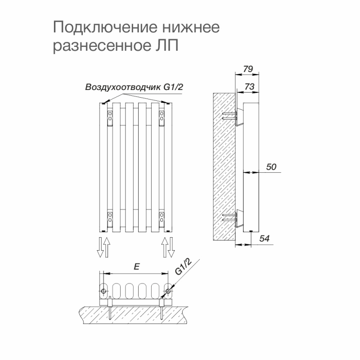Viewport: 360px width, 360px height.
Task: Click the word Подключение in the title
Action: coord(106,27)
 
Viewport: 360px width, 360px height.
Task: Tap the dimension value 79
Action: coord(248,69)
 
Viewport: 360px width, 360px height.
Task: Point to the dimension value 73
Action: coord(249,86)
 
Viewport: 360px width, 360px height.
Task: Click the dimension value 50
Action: coord(271,167)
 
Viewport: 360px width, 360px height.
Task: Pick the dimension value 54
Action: coord(264,238)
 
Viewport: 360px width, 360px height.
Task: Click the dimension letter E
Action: coord(137,266)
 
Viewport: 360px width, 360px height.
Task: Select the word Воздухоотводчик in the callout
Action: coord(123,87)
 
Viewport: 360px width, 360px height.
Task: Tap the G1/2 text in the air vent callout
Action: coord(173,87)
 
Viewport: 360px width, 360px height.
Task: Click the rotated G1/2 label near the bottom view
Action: coord(183,266)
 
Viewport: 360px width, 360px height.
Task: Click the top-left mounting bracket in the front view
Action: coord(110,118)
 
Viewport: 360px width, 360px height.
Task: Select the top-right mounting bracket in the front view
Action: coord(162,118)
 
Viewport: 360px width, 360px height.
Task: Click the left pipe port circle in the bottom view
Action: coord(103,291)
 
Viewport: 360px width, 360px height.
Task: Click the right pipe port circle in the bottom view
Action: coord(168,291)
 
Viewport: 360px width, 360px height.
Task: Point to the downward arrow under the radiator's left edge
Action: coord(100,247)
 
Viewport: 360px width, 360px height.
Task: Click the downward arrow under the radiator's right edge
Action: coord(171,247)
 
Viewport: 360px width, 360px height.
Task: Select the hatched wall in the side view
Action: coord(224,167)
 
